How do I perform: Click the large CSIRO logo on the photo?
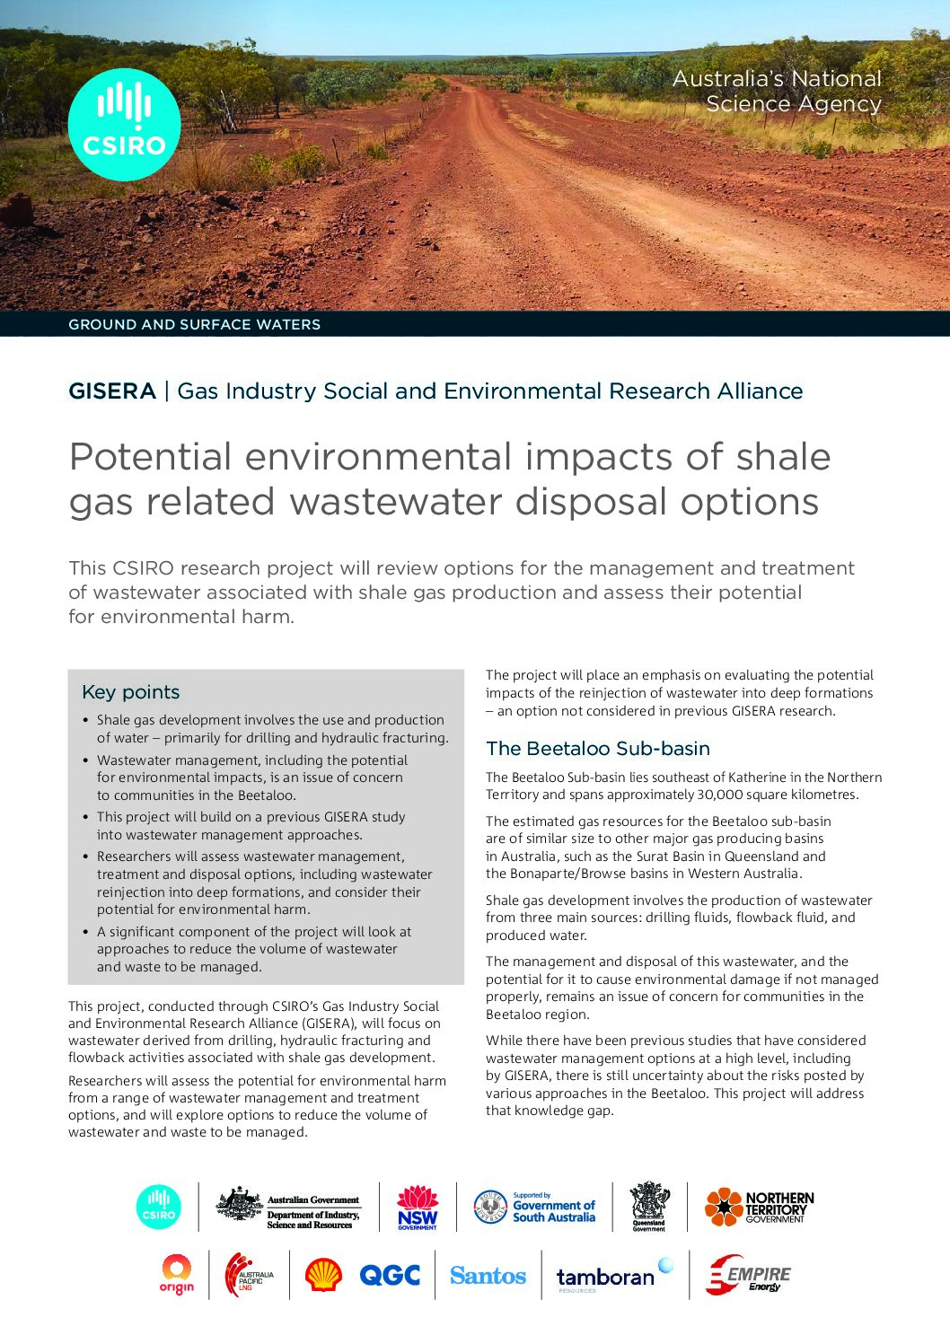(124, 125)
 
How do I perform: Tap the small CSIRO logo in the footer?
(158, 1207)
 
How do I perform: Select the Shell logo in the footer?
(323, 1275)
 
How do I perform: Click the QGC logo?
(390, 1275)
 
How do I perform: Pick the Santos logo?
(488, 1276)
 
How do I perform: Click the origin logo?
(177, 1275)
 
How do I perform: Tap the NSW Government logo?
(418, 1208)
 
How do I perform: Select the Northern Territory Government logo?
(759, 1208)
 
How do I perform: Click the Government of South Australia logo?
(534, 1208)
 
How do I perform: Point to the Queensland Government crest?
(649, 1207)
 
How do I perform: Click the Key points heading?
(131, 692)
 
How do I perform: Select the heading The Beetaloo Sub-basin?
(598, 749)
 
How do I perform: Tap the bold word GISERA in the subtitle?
(112, 391)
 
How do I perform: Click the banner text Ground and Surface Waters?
(195, 325)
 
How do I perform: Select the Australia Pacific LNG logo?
(249, 1275)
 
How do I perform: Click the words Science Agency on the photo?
(794, 104)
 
